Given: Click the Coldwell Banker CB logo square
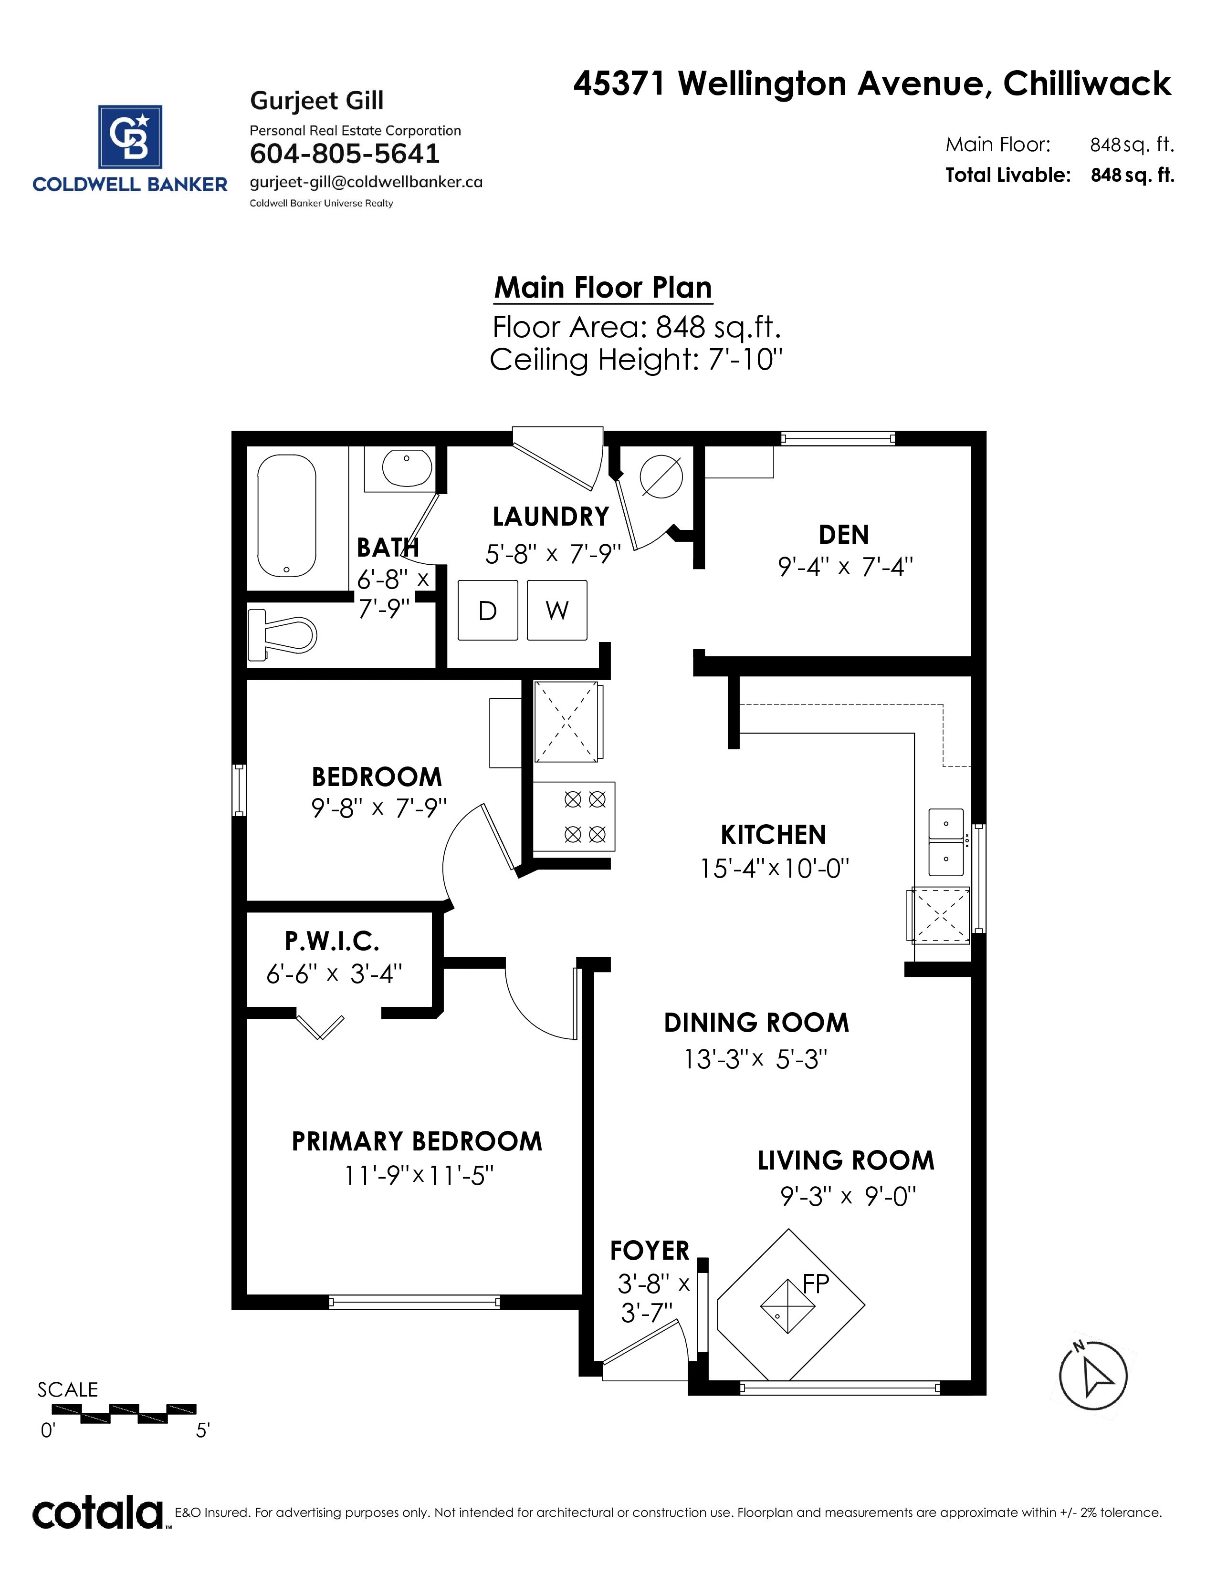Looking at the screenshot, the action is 130,137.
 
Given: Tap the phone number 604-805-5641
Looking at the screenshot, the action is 345,154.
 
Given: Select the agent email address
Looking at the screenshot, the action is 366,182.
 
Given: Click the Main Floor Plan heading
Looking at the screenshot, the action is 603,288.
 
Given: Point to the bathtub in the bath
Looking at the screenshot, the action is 287,515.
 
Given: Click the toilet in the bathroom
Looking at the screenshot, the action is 282,635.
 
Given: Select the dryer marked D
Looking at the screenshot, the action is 488,611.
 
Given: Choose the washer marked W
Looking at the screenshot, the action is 556,611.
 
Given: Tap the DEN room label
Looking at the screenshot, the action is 843,535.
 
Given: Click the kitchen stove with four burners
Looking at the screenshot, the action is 574,817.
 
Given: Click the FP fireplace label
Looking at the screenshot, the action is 816,1284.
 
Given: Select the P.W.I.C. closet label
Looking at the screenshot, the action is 332,941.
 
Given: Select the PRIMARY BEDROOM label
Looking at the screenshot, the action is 417,1141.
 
